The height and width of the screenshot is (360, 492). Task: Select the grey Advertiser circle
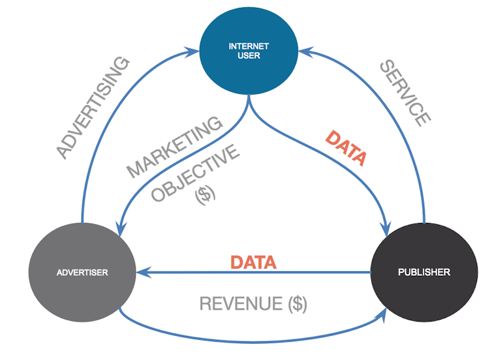pos(82,271)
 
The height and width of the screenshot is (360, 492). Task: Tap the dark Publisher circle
pos(424,271)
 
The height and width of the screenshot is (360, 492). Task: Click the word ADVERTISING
pos(93,108)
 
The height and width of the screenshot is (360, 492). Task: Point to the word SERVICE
pos(405,92)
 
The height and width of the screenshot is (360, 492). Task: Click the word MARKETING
pos(174,148)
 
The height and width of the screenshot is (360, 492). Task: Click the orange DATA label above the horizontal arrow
pos(254,262)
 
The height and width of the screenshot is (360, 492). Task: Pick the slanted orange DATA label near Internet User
pos(346,148)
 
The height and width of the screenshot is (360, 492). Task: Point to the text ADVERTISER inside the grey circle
pos(82,272)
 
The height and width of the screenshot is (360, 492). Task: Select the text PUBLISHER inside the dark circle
pos(424,272)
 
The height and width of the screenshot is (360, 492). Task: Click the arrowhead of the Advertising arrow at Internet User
pos(204,50)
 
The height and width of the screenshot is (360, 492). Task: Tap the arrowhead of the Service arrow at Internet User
pos(301,50)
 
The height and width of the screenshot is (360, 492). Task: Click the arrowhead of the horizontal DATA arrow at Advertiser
pos(140,271)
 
